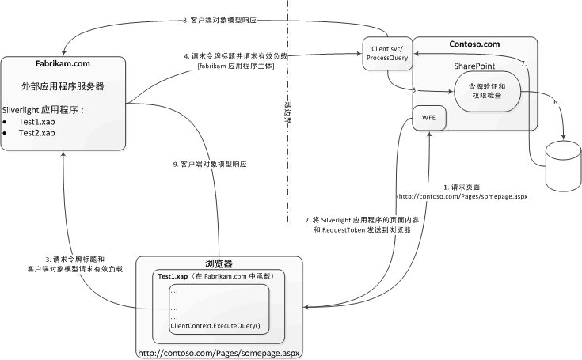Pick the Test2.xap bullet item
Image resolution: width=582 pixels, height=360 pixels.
[x=37, y=133]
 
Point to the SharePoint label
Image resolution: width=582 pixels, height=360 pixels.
[x=473, y=66]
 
